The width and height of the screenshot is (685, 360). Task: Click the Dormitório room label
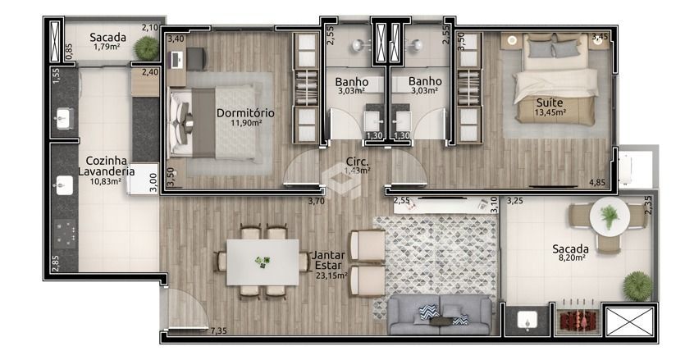point(245,113)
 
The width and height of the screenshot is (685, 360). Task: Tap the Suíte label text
point(550,103)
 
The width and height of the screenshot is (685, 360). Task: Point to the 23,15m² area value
point(331,276)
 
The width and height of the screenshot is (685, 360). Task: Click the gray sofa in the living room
point(441,315)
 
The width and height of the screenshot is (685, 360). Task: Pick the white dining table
point(263,262)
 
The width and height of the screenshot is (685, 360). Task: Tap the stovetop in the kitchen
point(65,233)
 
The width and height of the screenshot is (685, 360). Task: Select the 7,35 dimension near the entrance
point(218,330)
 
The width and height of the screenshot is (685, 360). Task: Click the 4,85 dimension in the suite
point(597,182)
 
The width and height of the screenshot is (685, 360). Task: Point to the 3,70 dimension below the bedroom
point(317,202)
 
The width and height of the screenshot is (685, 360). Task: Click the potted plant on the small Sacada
point(146,48)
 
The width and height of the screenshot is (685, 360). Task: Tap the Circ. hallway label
point(358,162)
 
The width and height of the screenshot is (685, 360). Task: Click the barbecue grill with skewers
point(577,316)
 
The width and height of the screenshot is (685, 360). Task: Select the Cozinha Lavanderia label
point(106,166)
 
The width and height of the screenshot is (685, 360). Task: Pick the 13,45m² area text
point(550,112)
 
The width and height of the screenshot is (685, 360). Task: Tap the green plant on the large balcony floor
point(637,285)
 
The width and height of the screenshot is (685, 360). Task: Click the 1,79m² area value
point(107,46)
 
